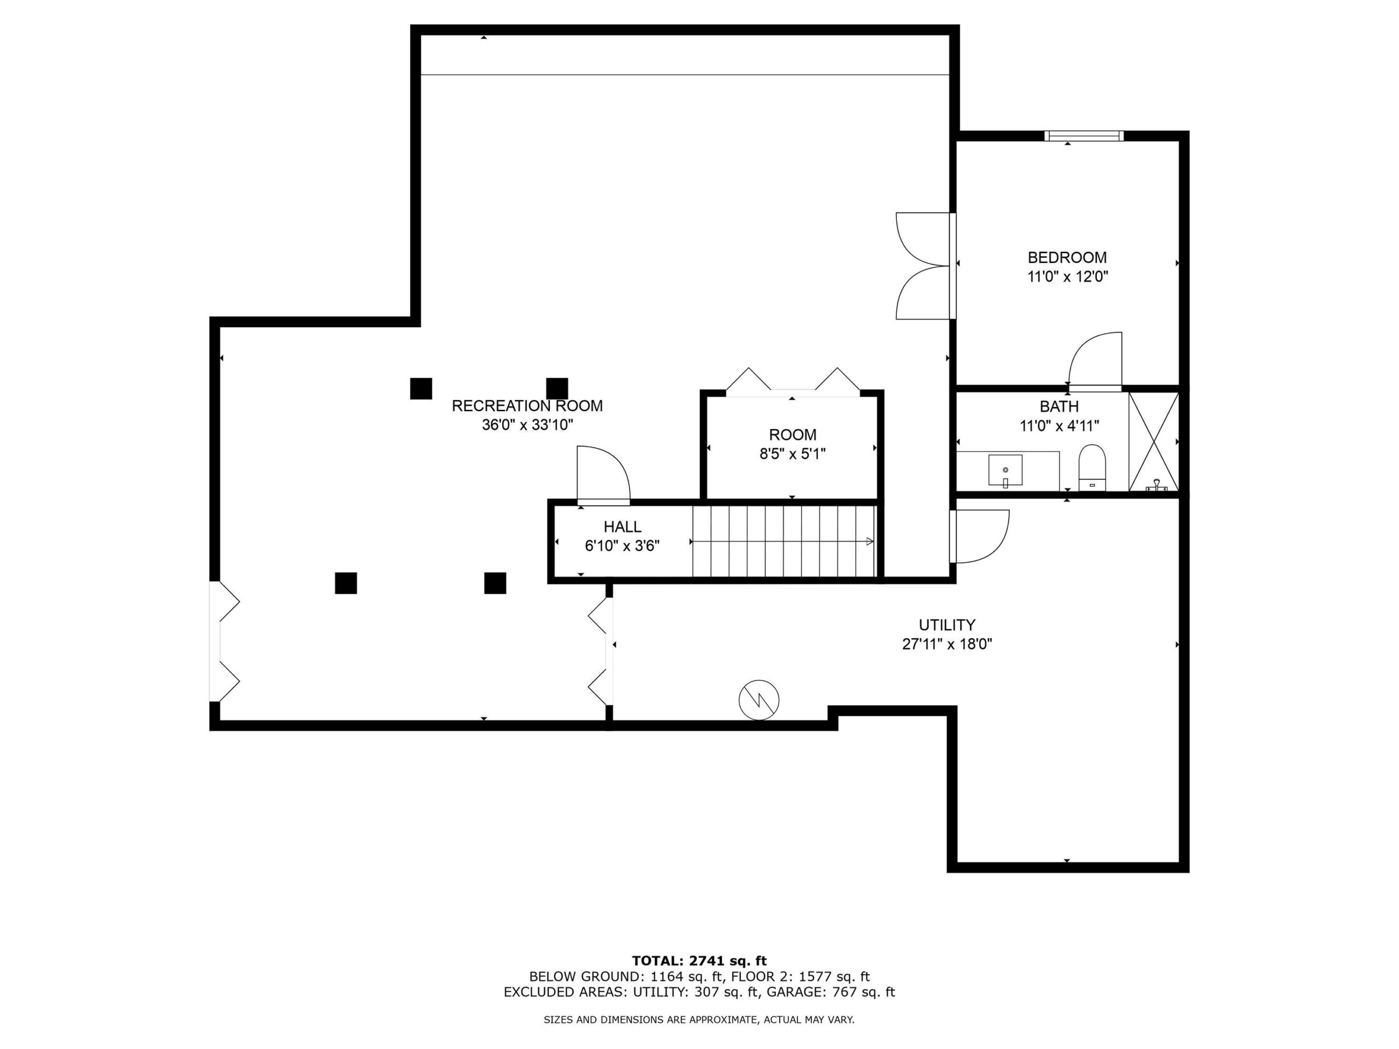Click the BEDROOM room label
click(x=1067, y=257)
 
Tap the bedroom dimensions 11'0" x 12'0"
click(x=1068, y=276)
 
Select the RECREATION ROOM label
click(x=527, y=406)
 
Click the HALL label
click(x=622, y=526)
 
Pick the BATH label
click(x=1060, y=406)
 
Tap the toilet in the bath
click(x=1092, y=467)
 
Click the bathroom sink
click(x=1005, y=470)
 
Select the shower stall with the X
click(x=1154, y=441)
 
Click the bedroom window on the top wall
click(x=1084, y=135)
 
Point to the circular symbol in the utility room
click(x=759, y=700)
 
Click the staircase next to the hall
click(x=784, y=541)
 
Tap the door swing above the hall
click(x=603, y=475)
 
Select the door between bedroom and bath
click(x=1095, y=361)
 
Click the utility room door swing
click(x=979, y=536)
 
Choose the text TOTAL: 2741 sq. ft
click(x=699, y=961)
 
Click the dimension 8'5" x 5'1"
click(x=792, y=453)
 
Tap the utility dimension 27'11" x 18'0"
click(x=947, y=644)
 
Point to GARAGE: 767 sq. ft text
click(x=831, y=992)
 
